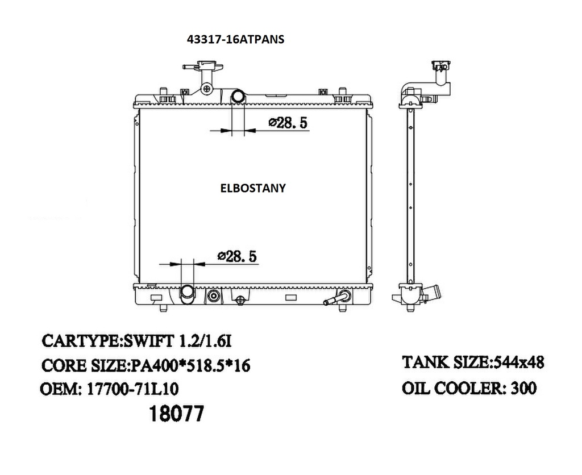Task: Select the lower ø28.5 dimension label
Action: point(237,256)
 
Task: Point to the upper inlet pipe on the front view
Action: point(238,97)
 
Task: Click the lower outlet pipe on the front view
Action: point(187,292)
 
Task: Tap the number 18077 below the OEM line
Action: point(175,414)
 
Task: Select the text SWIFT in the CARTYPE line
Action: point(147,341)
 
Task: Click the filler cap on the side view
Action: point(440,65)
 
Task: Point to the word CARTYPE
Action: point(79,341)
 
